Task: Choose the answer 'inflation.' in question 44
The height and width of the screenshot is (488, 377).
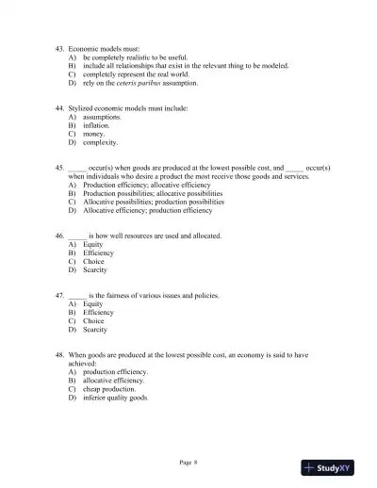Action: click(x=96, y=125)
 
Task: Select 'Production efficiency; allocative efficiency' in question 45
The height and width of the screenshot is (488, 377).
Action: click(x=146, y=185)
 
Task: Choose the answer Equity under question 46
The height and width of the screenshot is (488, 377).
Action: click(x=92, y=244)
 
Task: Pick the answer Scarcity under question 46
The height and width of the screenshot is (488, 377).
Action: click(x=94, y=269)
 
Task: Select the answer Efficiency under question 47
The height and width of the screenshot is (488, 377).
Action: click(x=98, y=313)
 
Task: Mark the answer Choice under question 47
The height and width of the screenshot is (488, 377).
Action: click(x=93, y=321)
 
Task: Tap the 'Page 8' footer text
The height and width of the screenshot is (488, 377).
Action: click(x=188, y=462)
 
